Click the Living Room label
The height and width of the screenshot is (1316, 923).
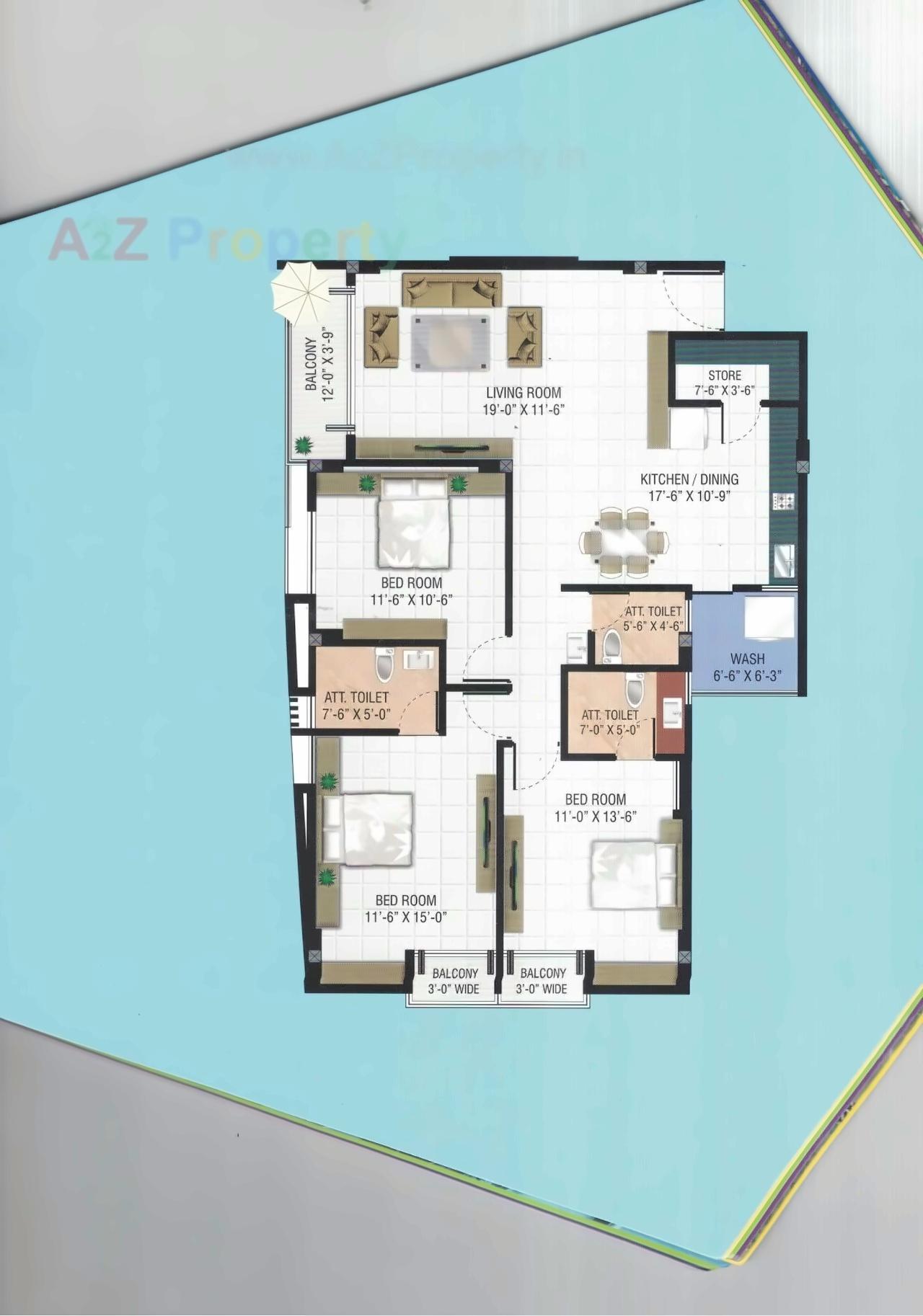tap(523, 393)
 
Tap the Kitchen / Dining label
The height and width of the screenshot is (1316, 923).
tap(689, 479)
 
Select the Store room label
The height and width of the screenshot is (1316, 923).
tap(724, 375)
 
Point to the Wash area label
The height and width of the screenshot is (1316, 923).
tap(747, 659)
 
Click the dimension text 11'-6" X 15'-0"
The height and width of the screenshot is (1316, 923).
tap(407, 917)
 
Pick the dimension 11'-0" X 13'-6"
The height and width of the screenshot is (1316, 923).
tap(595, 817)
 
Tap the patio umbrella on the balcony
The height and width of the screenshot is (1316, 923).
tap(299, 288)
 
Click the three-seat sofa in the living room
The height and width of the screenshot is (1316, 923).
tap(451, 290)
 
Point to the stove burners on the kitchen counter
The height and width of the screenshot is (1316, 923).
tap(783, 499)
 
